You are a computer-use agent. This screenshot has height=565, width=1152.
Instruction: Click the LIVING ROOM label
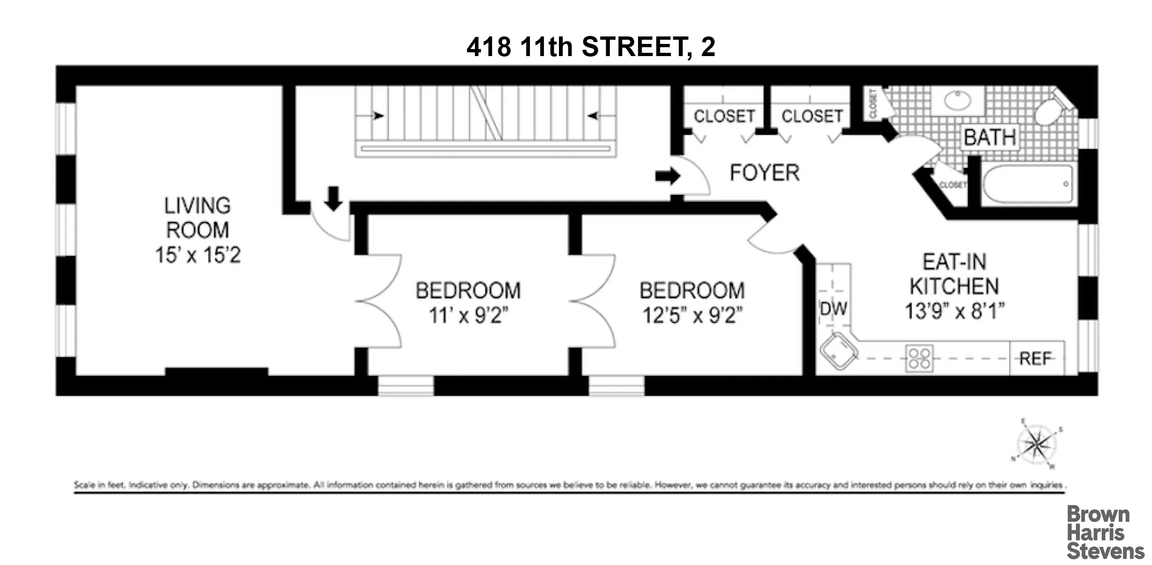pyautogui.click(x=197, y=218)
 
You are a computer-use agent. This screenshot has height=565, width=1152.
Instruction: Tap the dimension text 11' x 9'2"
pyautogui.click(x=468, y=315)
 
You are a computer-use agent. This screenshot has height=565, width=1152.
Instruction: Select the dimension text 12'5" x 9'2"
pyautogui.click(x=692, y=315)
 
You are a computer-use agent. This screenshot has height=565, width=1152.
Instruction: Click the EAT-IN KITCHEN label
pyautogui.click(x=954, y=274)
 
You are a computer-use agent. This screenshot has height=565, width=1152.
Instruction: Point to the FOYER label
pyautogui.click(x=764, y=173)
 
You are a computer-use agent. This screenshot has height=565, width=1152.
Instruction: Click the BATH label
pyautogui.click(x=989, y=138)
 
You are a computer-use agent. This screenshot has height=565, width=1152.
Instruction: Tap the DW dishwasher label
pyautogui.click(x=833, y=309)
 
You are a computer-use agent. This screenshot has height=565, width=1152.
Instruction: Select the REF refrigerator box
pyautogui.click(x=1036, y=358)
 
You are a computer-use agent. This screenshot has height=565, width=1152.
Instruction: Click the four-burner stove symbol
pyautogui.click(x=919, y=359)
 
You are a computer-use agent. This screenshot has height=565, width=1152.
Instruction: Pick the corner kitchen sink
pyautogui.click(x=839, y=351)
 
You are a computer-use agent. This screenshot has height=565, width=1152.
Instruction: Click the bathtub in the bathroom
pyautogui.click(x=1027, y=184)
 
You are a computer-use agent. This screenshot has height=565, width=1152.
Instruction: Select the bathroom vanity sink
pyautogui.click(x=957, y=100)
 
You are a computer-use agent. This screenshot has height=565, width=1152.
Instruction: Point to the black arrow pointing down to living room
pyautogui.click(x=333, y=198)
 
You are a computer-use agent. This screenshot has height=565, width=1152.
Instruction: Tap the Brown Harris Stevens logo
pyautogui.click(x=1104, y=532)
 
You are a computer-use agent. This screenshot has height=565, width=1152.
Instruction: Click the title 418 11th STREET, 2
pyautogui.click(x=591, y=47)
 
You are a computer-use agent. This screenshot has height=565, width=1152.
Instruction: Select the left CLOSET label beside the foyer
pyautogui.click(x=724, y=116)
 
